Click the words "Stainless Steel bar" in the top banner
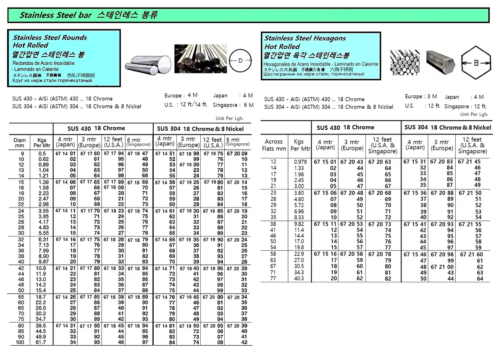(x=52, y=16)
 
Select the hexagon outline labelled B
(x=476, y=63)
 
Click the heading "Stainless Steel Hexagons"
(x=305, y=38)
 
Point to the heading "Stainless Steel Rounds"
(x=50, y=37)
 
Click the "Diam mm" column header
(x=20, y=143)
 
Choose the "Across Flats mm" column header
(x=274, y=145)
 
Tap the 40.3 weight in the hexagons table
(x=299, y=279)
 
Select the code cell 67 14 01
(x=66, y=154)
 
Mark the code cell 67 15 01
(x=325, y=162)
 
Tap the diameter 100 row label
(x=20, y=343)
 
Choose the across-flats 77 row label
(x=273, y=279)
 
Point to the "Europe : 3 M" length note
(x=421, y=97)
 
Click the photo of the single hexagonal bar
(x=440, y=62)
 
